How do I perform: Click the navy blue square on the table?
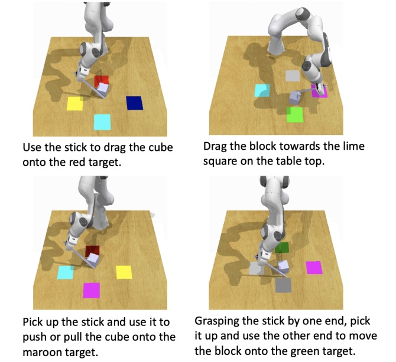(x=135, y=103)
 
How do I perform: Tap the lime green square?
(x=295, y=114)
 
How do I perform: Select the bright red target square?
(x=102, y=81)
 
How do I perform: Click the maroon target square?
(x=92, y=251)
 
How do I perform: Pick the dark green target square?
(x=281, y=248)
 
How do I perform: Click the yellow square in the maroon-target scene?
(x=124, y=272)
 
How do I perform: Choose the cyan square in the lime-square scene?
(x=262, y=90)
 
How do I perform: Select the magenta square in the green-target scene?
(x=314, y=268)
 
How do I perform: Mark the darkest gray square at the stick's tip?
(x=283, y=285)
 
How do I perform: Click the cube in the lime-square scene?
(x=294, y=97)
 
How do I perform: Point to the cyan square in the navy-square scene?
(x=102, y=122)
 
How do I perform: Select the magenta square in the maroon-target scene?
(x=92, y=290)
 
